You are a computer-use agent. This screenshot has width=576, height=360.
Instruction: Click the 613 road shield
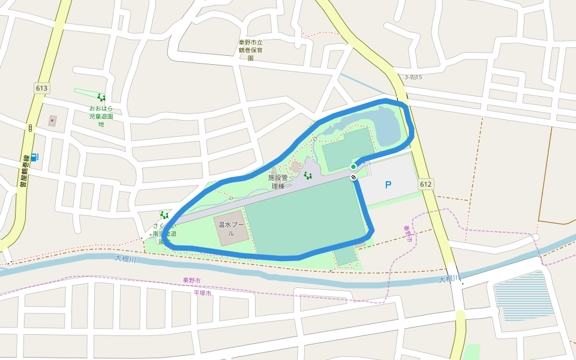coord(41,88)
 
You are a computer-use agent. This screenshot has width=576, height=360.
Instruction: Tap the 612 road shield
coord(426,184)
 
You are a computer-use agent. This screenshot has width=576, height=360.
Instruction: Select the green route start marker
coord(353,166)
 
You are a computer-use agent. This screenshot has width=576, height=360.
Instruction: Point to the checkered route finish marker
coord(354,177)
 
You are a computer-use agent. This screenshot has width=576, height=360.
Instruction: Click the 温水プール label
coord(230,229)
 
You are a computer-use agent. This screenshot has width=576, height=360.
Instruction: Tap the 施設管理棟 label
coord(278,182)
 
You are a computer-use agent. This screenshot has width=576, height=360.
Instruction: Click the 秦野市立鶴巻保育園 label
coord(250,50)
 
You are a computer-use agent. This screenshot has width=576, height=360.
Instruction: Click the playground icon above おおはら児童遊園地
coord(101,97)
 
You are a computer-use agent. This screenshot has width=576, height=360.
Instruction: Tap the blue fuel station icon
coord(34,157)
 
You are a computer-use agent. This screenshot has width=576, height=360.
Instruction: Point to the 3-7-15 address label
coord(413,77)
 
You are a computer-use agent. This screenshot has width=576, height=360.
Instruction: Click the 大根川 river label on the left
coord(126,259)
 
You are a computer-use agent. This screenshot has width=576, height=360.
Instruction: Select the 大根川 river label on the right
coord(449,279)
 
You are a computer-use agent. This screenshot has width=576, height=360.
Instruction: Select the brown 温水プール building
coord(231,227)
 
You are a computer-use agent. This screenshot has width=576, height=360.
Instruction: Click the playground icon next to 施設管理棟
coord(308,175)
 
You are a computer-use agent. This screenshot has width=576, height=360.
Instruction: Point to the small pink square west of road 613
coord(52,121)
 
